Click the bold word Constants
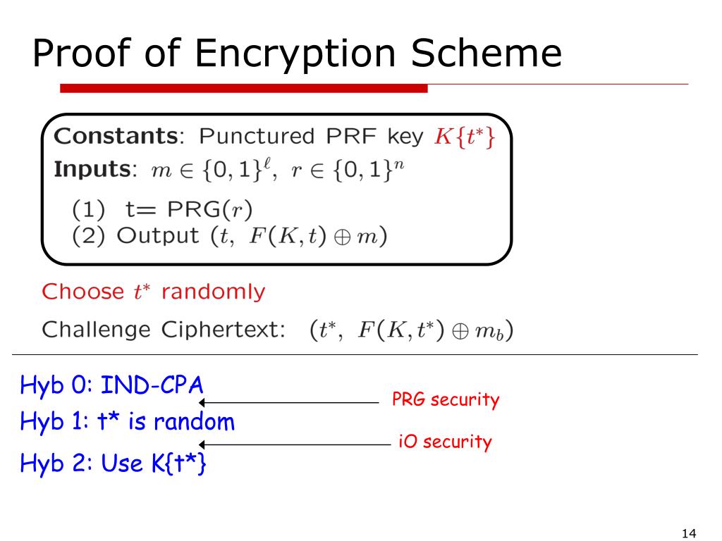(115, 136)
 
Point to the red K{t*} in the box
(464, 137)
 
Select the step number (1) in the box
(86, 209)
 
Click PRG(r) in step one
(218, 209)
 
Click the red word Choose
(82, 292)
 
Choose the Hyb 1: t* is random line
(127, 422)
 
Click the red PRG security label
(445, 400)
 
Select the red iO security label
(444, 442)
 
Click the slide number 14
(689, 533)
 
